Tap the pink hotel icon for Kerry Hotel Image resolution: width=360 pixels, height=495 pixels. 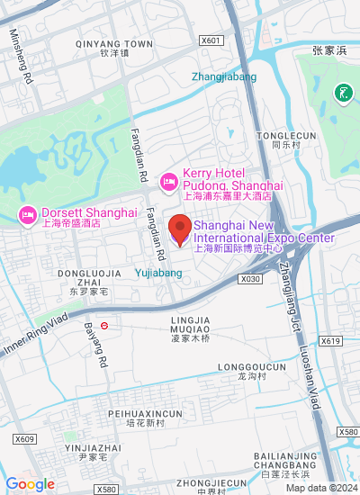(x=168, y=183)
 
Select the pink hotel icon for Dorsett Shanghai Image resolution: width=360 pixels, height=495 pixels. (x=28, y=215)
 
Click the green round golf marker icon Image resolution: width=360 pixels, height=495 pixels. (x=342, y=93)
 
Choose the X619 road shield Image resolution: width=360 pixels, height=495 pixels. (x=330, y=341)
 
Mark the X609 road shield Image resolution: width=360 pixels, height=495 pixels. (x=23, y=439)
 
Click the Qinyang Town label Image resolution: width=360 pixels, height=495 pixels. (x=114, y=43)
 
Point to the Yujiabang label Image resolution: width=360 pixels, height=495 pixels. (x=159, y=268)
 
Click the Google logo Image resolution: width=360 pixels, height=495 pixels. (x=30, y=484)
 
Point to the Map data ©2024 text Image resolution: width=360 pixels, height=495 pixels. (x=321, y=488)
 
